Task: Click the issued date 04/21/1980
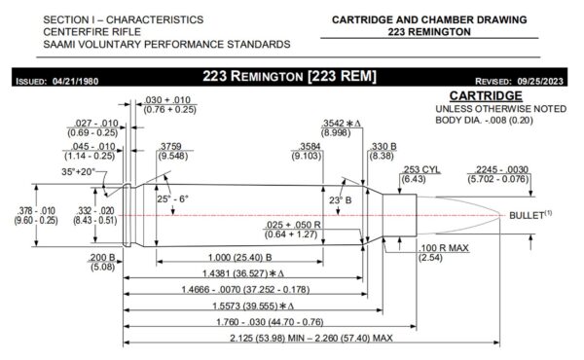75,81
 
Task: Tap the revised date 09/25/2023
540,81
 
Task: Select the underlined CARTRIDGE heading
486,95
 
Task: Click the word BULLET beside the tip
527,215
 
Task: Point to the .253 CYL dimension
420,169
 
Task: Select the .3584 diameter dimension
310,146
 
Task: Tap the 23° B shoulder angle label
340,200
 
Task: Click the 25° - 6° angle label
172,198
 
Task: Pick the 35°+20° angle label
78,171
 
